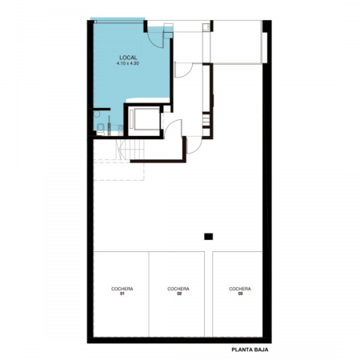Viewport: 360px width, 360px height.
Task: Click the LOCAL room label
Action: coord(128,58)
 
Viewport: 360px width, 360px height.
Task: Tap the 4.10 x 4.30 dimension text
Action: coord(128,63)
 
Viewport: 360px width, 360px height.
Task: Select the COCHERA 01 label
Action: coord(122,291)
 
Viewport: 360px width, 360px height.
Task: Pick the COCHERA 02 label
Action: coord(178,291)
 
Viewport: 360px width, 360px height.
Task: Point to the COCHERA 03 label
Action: coord(240,291)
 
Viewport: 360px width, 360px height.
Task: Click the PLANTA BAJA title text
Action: coord(250,350)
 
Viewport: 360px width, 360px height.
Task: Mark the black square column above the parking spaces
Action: coord(209,237)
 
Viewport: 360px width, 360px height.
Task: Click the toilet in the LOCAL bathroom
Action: coord(101,129)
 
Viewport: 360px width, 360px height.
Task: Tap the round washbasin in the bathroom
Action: coord(97,114)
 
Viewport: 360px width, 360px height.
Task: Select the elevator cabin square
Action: coord(146,119)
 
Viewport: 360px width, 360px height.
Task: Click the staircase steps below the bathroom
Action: coord(130,150)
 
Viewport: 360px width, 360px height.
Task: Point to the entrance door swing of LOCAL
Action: coord(156,38)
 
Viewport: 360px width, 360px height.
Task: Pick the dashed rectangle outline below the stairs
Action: coord(119,170)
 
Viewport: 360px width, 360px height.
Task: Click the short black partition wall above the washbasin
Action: coord(102,109)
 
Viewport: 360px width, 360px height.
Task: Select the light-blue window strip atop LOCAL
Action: coord(118,19)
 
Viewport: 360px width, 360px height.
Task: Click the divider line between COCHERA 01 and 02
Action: coord(149,294)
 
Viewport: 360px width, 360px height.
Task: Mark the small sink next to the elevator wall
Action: coord(121,130)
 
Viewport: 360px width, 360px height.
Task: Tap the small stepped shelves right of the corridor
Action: coord(206,121)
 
